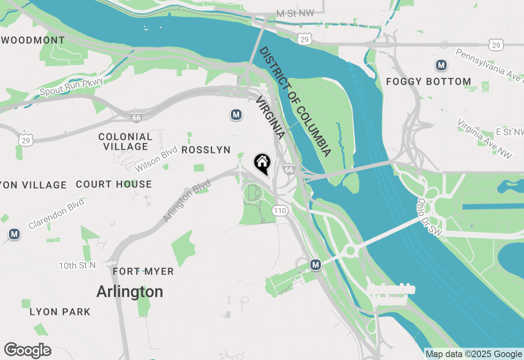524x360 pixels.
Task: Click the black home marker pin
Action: click(262, 163)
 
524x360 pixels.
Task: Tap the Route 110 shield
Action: click(280, 211)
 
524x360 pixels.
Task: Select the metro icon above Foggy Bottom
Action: click(441, 65)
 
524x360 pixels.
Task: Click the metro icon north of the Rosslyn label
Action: click(236, 115)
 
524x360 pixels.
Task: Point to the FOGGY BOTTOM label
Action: click(429, 81)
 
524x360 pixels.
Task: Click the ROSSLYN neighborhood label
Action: click(206, 150)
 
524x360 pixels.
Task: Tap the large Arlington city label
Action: click(130, 292)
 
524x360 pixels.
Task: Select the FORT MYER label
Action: click(143, 271)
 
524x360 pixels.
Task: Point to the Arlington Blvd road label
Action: click(187, 201)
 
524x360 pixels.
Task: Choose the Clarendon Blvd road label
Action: click(56, 214)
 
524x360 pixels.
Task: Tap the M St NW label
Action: click(295, 13)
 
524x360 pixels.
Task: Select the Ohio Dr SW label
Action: click(430, 217)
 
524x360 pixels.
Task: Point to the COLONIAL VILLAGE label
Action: click(125, 142)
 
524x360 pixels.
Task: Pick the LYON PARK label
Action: click(60, 312)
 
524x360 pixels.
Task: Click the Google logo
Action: click(27, 350)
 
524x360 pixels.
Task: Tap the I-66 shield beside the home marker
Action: click(289, 169)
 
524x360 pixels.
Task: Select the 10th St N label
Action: click(77, 265)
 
